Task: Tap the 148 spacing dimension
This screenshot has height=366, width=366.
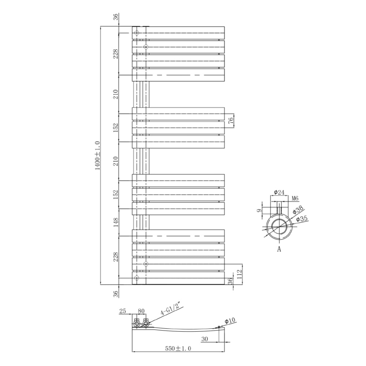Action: (x=116, y=222)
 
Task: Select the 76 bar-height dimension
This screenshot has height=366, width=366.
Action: (x=231, y=121)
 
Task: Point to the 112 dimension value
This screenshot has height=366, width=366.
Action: (x=240, y=274)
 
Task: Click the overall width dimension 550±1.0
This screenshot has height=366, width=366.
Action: (x=179, y=349)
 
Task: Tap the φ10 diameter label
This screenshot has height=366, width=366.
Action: (x=229, y=321)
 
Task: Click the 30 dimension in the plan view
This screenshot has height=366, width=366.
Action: (x=205, y=339)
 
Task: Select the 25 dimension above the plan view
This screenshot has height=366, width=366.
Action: (x=123, y=311)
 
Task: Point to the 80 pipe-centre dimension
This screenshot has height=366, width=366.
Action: (x=141, y=311)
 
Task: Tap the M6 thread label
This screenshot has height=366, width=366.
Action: (x=295, y=198)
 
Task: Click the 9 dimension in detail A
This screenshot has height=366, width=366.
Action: (x=259, y=210)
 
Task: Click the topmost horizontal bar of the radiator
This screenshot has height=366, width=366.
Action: (x=178, y=33)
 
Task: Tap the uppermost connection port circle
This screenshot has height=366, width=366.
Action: (x=137, y=33)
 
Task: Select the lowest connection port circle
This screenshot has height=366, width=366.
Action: (x=137, y=278)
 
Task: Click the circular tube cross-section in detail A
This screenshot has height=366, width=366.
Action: (x=279, y=226)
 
